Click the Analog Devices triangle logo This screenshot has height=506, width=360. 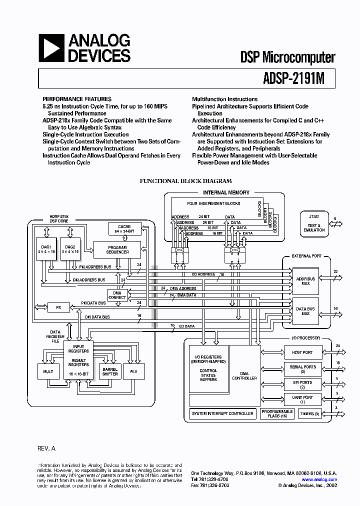[x=51, y=48]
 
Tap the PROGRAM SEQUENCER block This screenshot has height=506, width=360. [x=117, y=249]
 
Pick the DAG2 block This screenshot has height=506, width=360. [x=69, y=249]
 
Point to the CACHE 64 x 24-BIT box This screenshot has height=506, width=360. [x=124, y=229]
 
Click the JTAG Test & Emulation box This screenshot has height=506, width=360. [x=314, y=223]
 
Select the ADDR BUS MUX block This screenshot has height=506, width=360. [x=305, y=281]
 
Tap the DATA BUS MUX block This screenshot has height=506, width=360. [x=305, y=311]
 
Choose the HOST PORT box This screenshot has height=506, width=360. [x=302, y=353]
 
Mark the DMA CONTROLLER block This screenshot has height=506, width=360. [x=244, y=375]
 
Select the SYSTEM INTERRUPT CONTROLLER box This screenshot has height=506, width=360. [x=222, y=414]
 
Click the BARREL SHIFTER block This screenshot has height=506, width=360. [x=110, y=371]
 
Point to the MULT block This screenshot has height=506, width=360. [x=48, y=371]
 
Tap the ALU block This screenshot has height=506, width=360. [x=133, y=371]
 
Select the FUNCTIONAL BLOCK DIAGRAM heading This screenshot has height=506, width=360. [x=185, y=181]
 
